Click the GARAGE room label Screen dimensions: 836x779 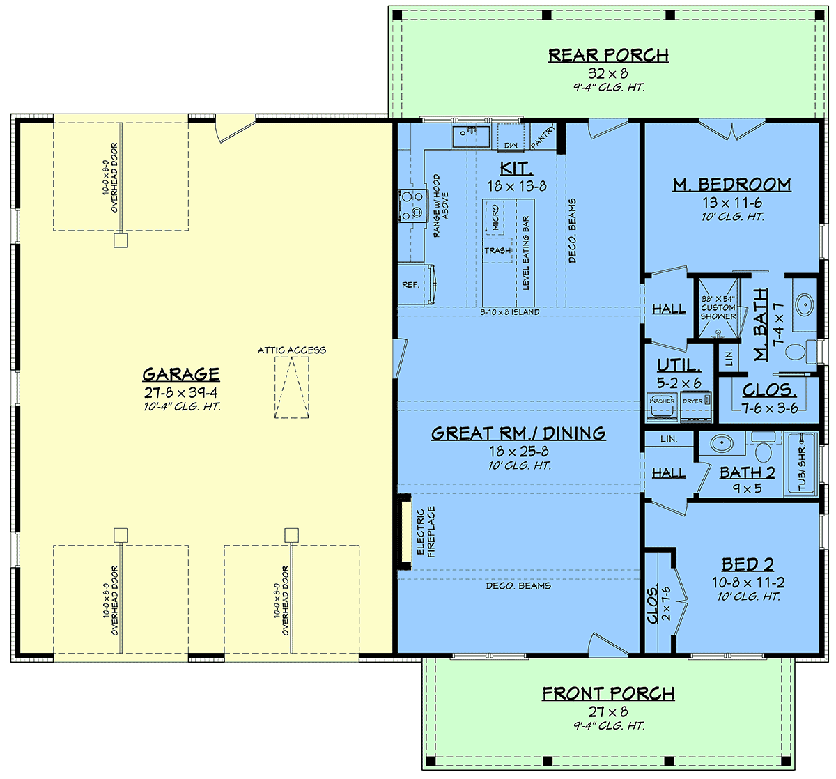click(181, 374)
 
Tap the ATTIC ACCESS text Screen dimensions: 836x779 click(292, 350)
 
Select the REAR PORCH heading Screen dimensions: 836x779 click(608, 55)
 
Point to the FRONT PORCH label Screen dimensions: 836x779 click(608, 693)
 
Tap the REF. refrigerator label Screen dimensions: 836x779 click(410, 285)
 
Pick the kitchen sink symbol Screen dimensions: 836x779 click(472, 137)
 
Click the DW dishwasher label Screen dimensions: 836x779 click(511, 146)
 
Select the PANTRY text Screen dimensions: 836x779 click(543, 137)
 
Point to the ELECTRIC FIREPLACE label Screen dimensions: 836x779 click(426, 532)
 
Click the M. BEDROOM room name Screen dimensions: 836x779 click(732, 185)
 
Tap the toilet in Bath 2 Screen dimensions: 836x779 click(763, 447)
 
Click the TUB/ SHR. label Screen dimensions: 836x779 click(802, 468)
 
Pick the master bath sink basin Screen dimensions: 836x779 click(805, 304)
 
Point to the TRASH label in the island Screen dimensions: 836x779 click(497, 251)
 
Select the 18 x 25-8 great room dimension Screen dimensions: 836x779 click(518, 452)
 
